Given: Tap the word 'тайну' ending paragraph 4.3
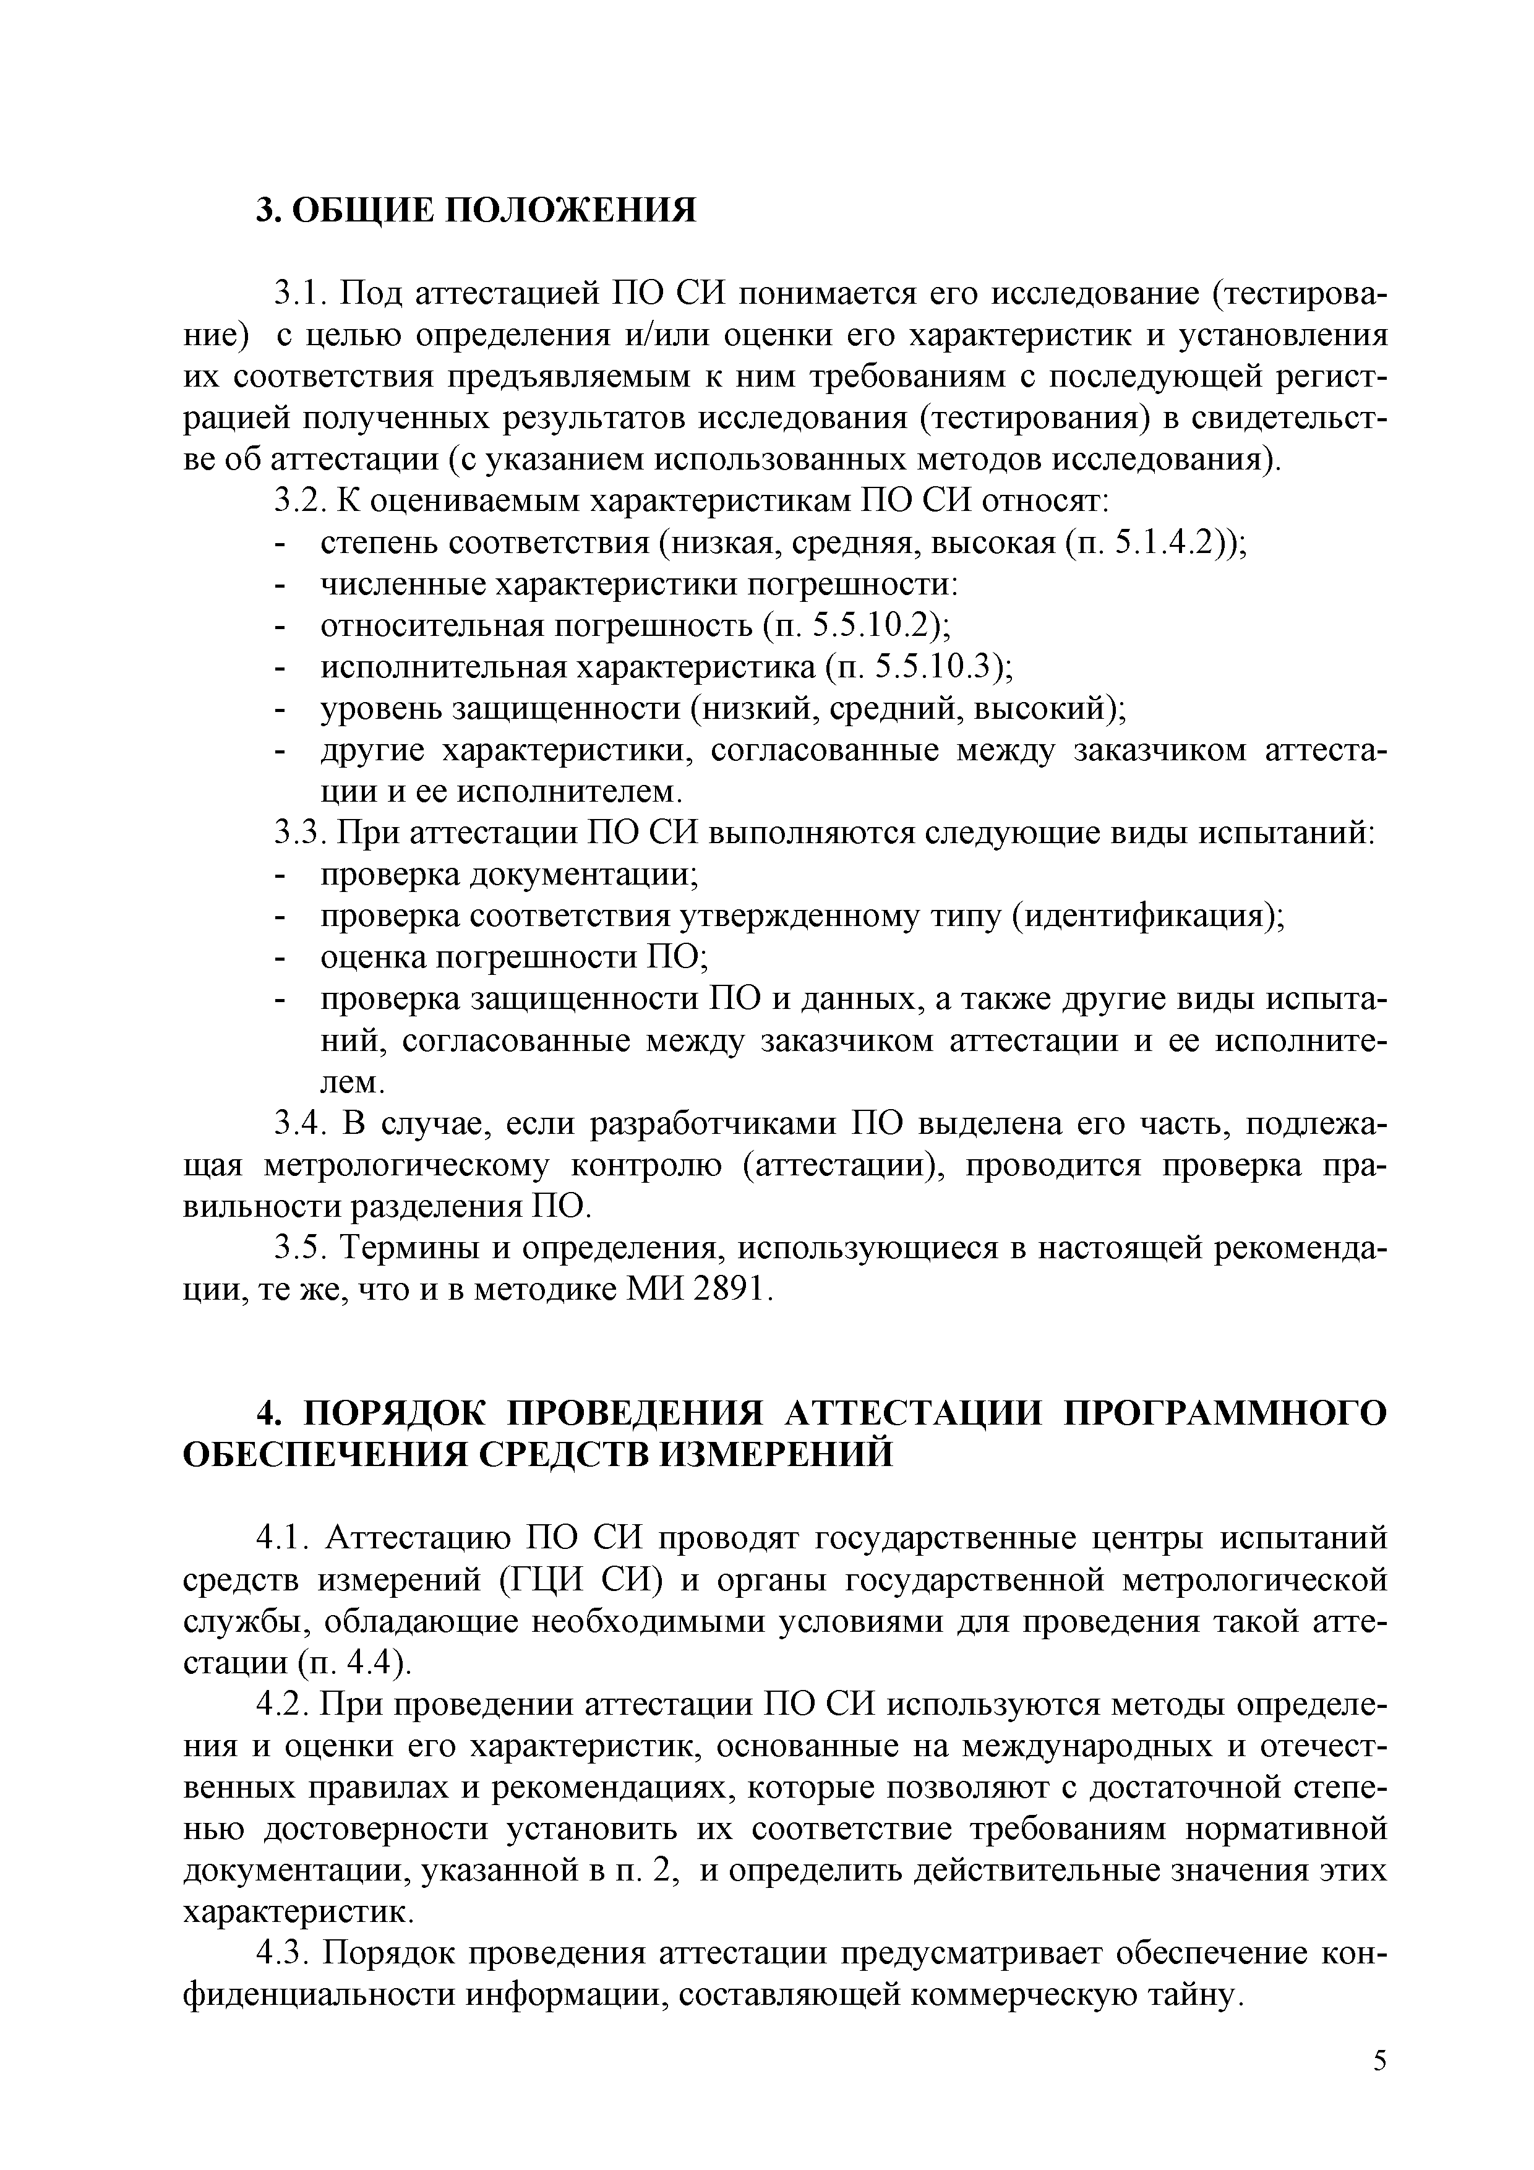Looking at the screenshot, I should [x=1190, y=1994].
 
